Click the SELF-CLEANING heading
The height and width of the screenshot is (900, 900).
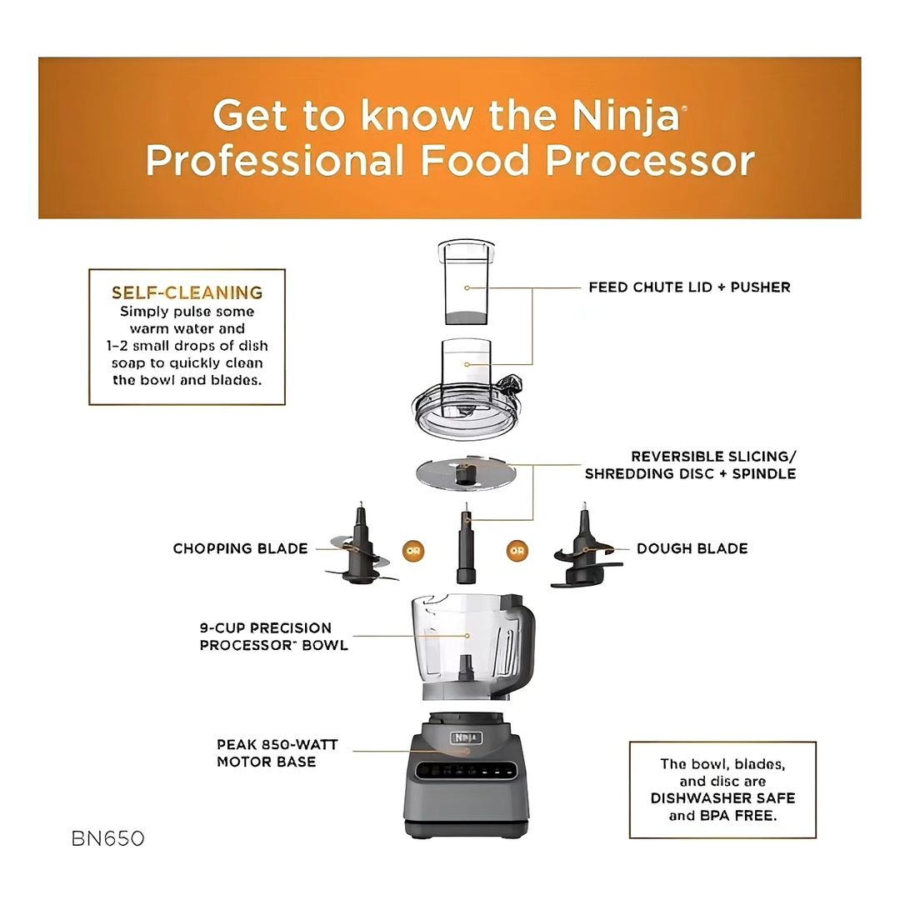click(187, 292)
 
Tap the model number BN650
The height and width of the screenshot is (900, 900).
click(107, 838)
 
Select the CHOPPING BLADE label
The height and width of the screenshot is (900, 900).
click(241, 548)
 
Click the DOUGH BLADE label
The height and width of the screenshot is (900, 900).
click(692, 548)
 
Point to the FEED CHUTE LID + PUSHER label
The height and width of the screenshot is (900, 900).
click(689, 287)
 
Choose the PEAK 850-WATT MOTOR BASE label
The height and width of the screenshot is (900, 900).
click(277, 753)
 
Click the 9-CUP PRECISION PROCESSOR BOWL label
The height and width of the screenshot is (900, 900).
click(274, 637)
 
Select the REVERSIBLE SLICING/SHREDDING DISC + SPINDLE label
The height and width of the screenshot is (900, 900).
click(691, 465)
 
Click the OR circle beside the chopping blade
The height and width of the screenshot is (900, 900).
click(413, 551)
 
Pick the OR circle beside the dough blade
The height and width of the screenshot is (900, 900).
click(517, 551)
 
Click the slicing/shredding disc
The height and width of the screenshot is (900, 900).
click(466, 474)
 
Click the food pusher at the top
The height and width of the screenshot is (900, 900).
click(466, 282)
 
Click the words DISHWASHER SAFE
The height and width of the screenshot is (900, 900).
click(722, 798)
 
